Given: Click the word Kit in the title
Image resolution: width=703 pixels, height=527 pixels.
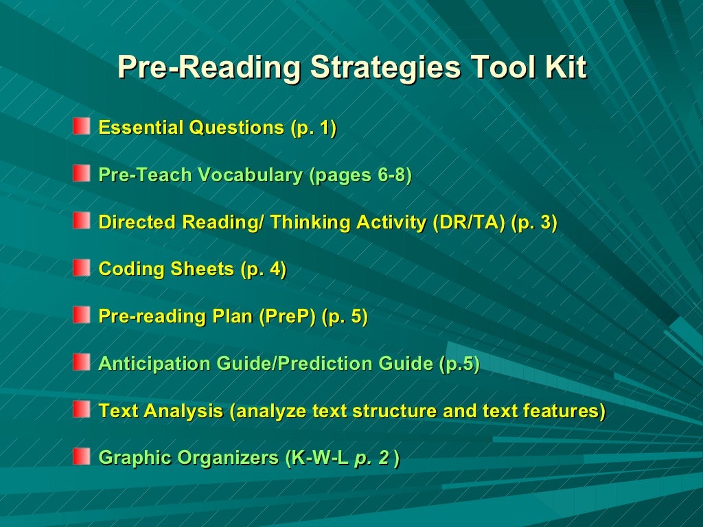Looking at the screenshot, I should click(x=564, y=68).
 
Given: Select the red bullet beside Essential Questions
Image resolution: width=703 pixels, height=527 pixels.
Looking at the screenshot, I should click(x=82, y=126).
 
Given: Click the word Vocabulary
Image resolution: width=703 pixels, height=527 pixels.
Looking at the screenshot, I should click(x=251, y=175).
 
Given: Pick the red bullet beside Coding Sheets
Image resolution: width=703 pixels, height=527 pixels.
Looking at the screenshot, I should click(x=82, y=268).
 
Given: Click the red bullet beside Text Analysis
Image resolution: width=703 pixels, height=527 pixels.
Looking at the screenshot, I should click(x=82, y=410).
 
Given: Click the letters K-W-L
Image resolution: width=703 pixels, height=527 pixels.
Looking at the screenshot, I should click(x=320, y=458).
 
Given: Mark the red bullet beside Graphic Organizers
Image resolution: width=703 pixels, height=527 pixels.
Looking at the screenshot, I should click(x=82, y=456).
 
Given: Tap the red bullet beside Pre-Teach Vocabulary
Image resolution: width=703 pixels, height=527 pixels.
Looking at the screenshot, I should click(x=82, y=174).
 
